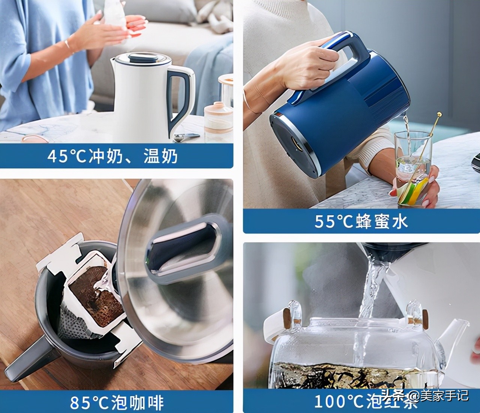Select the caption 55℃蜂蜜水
coord(361,222)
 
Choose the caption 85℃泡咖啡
coord(117,402)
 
